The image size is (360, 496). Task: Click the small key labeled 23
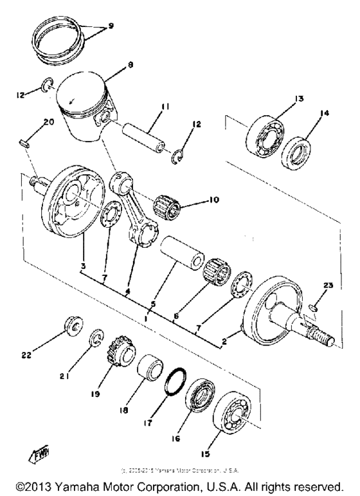(x=312, y=307)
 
